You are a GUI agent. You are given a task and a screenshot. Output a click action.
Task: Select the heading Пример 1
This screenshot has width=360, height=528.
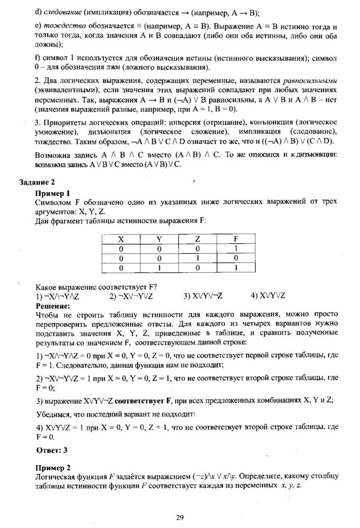tap(52, 193)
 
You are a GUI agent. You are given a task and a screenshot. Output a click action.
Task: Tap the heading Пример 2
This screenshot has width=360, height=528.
tap(52, 468)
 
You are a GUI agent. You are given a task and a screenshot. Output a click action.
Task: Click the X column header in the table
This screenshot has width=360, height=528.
tap(121, 239)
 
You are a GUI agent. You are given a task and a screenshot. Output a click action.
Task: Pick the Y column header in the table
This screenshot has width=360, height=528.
tap(159, 239)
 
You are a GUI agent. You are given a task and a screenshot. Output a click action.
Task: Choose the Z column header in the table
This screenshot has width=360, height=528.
tap(198, 239)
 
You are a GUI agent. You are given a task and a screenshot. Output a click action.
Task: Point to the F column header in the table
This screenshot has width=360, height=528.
tap(236, 239)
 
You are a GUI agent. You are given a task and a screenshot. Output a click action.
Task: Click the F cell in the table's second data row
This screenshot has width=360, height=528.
tap(236, 258)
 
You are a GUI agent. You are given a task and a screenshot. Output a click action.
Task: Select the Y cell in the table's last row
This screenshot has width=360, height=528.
tap(159, 268)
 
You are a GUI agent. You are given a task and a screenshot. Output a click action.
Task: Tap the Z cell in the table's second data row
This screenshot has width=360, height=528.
tap(198, 258)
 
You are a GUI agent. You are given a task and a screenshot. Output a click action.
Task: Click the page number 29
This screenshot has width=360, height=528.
tap(179, 518)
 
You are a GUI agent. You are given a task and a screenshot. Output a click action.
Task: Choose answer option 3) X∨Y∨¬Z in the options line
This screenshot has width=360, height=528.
tap(203, 296)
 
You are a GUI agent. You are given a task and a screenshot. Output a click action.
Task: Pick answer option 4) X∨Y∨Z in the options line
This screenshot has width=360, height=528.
tap(268, 296)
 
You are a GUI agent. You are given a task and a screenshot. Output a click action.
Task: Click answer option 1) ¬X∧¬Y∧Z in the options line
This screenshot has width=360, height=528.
tap(57, 296)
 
